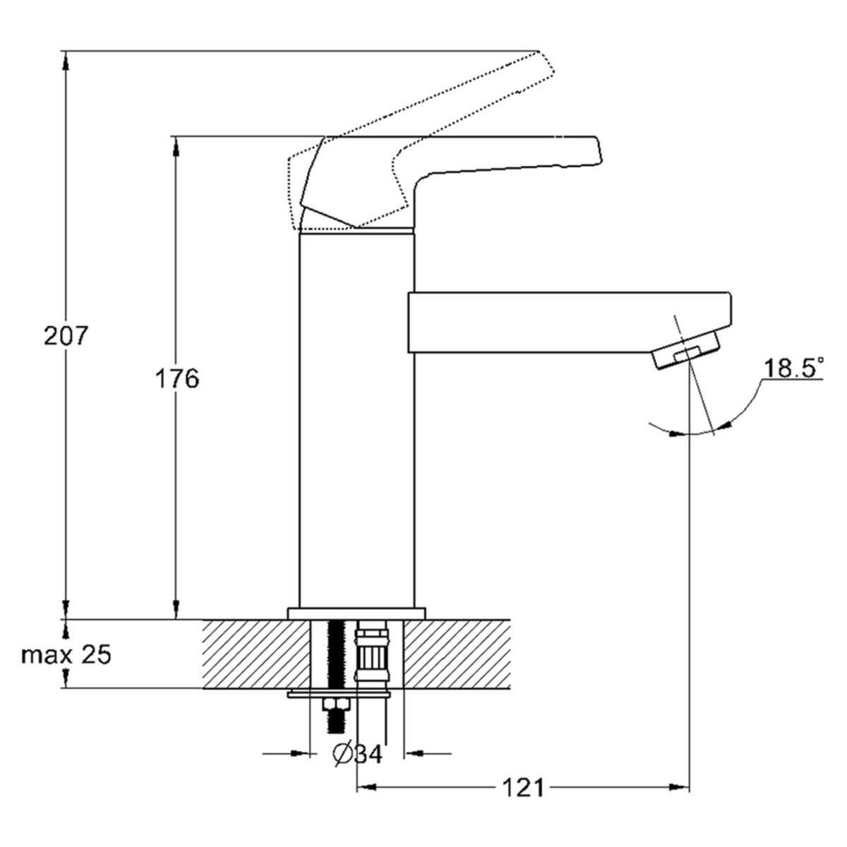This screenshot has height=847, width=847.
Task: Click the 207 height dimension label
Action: pyautogui.click(x=66, y=336)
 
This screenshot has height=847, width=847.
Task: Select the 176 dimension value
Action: pyautogui.click(x=177, y=378)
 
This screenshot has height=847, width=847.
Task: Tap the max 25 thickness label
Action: pyautogui.click(x=66, y=655)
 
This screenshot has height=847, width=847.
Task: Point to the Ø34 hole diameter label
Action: pyautogui.click(x=357, y=755)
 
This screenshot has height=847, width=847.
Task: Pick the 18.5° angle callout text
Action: pyautogui.click(x=793, y=368)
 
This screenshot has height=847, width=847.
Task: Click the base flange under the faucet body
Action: pyautogui.click(x=356, y=614)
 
